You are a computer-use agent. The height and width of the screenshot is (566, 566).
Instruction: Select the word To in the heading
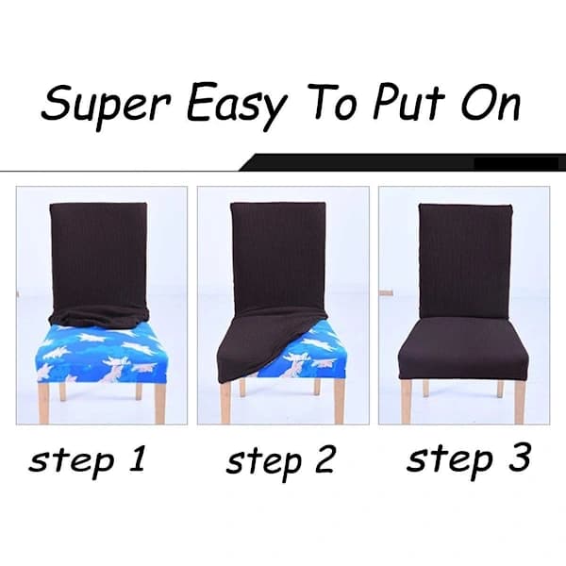(x=333, y=103)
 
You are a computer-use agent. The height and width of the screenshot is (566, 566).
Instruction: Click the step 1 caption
(x=88, y=459)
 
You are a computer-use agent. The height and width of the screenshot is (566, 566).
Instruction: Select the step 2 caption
(x=280, y=460)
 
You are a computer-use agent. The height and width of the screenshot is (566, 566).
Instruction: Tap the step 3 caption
(x=469, y=458)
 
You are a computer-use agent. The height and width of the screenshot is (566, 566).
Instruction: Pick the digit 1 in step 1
(x=139, y=458)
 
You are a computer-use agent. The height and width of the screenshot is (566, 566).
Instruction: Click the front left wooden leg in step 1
(x=44, y=403)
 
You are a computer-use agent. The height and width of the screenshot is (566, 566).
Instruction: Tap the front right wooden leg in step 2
(x=340, y=401)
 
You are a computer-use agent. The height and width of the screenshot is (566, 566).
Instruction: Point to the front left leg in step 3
(x=407, y=402)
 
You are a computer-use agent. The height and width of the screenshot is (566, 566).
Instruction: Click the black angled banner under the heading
(x=403, y=162)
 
